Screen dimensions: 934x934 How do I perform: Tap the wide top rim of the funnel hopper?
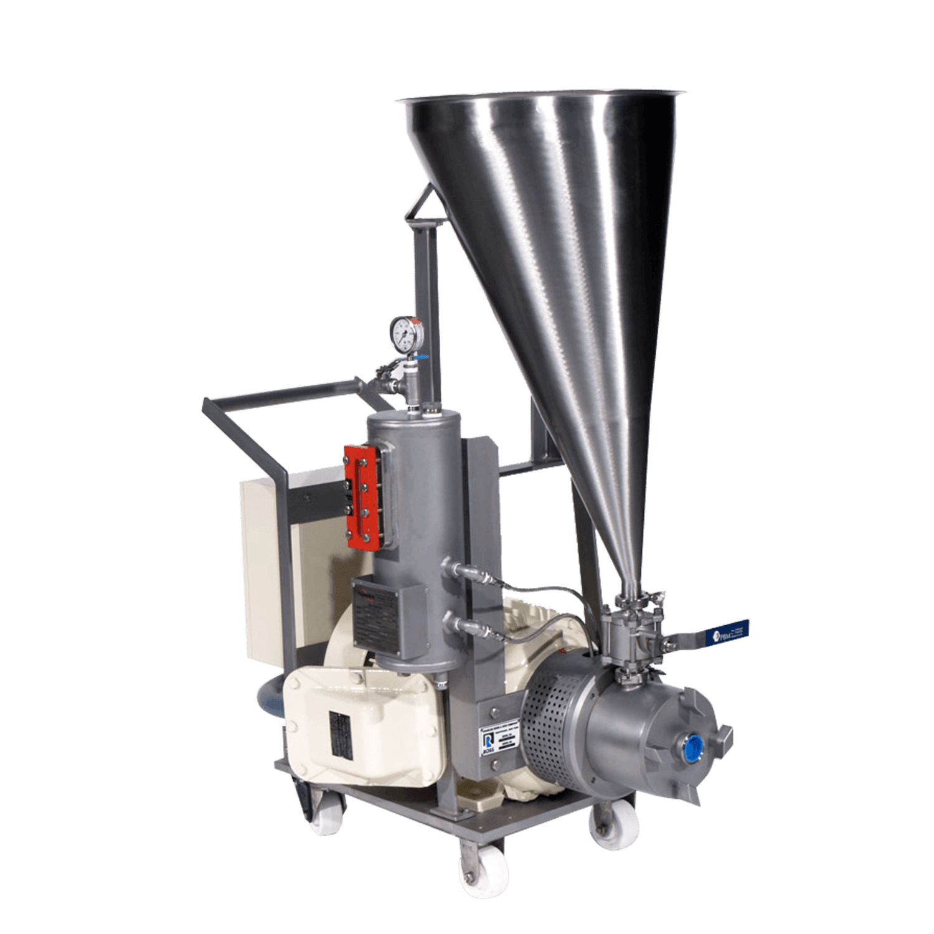[542, 98]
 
